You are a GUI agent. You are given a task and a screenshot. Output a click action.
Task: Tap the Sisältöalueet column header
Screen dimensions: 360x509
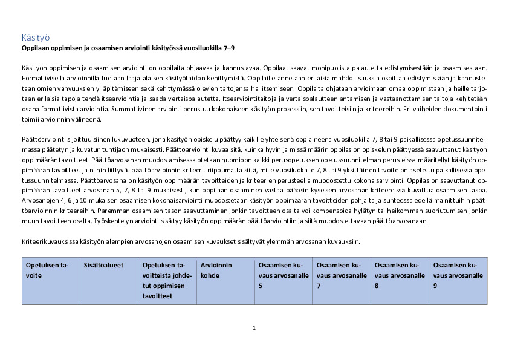point(103,266)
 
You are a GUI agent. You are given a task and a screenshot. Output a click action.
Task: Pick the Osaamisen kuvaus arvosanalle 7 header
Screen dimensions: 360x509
point(340,275)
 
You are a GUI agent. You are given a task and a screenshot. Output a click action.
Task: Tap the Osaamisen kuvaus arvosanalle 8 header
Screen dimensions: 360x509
point(398,275)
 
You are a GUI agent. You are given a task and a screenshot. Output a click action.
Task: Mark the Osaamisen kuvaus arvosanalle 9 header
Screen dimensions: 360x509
point(457,275)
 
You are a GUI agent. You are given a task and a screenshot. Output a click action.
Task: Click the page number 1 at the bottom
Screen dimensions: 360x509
point(254,327)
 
